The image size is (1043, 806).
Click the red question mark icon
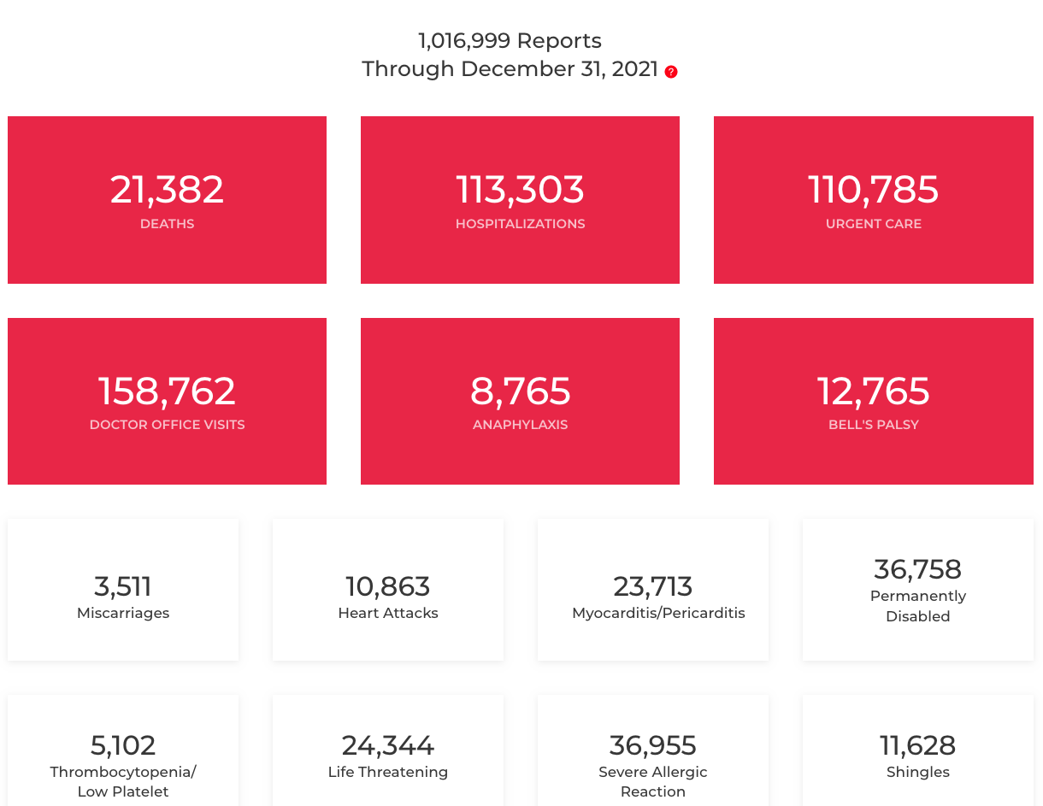tap(671, 72)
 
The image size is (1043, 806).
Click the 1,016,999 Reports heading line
tap(510, 41)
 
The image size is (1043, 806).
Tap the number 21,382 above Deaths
tap(167, 190)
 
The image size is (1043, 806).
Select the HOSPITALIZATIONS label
tap(520, 224)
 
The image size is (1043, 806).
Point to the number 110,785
tap(873, 190)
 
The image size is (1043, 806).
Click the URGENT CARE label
tap(873, 224)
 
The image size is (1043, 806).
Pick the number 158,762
tap(167, 391)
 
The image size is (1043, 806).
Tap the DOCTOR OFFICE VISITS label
tap(167, 425)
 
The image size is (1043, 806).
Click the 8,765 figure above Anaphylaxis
tap(520, 391)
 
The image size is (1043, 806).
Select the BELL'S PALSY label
tap(873, 425)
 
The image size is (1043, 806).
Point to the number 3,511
tap(123, 586)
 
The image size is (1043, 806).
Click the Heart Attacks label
tap(388, 613)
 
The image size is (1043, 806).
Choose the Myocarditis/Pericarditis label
tap(658, 613)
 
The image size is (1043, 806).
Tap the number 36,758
tap(917, 569)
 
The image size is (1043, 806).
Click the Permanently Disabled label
tap(917, 606)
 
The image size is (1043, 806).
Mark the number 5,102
tap(123, 745)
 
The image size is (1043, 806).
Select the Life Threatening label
tap(388, 772)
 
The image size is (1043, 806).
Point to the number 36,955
tap(653, 745)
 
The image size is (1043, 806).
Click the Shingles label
tap(917, 772)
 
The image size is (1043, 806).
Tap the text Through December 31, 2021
tap(510, 69)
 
